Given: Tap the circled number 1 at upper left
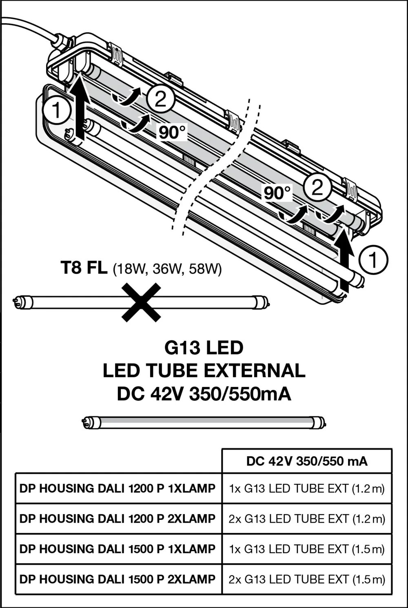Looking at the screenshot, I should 57,110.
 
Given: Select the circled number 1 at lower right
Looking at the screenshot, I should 373,260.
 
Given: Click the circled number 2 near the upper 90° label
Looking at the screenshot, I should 160,98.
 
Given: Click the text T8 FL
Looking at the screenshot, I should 84,268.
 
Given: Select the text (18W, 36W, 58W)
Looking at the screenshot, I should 167,269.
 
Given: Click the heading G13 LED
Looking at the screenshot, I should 204,348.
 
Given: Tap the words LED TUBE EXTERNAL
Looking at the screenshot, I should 204,371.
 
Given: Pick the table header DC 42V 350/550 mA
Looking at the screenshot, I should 307,461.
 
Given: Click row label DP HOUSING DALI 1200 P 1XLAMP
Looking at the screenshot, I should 118,488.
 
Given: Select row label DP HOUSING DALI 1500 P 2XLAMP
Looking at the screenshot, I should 118,579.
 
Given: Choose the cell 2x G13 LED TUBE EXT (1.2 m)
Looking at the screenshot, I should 307,519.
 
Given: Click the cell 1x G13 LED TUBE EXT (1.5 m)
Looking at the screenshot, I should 307,549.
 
